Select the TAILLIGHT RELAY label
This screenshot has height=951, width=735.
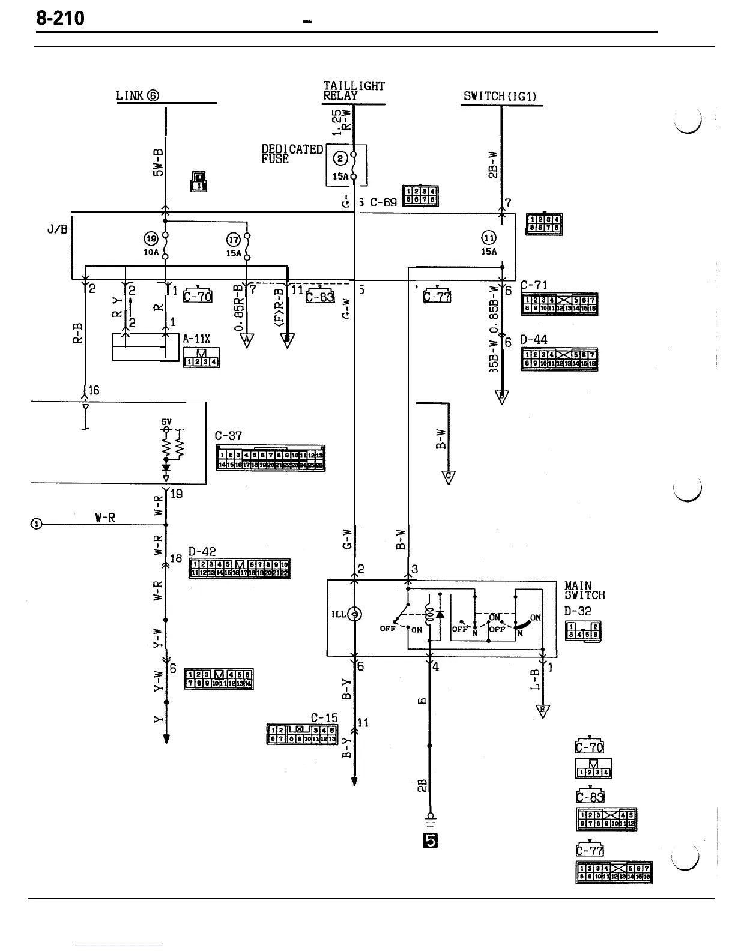tap(353, 91)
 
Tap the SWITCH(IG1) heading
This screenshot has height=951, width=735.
tap(501, 96)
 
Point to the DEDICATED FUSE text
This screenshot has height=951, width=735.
tap(292, 154)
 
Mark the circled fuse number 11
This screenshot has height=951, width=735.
tap(489, 238)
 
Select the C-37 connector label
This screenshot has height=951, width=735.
tap(228, 435)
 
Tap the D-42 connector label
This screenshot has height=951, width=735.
tap(202, 551)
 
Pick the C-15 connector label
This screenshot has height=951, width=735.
tap(324, 717)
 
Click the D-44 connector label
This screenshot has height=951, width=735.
tap(534, 340)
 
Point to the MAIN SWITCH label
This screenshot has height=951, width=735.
tap(584, 590)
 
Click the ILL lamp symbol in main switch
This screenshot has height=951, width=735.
tap(355, 614)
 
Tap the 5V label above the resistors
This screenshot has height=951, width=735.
tap(166, 422)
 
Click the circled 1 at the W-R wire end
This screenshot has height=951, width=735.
tap(37, 524)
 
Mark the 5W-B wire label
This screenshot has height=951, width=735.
tap(157, 162)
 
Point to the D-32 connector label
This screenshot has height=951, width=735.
tap(578, 611)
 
